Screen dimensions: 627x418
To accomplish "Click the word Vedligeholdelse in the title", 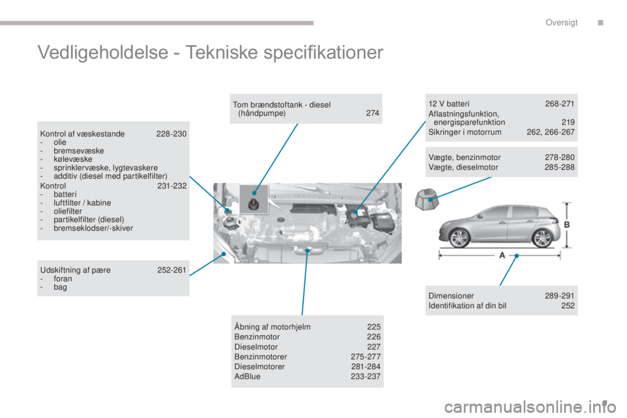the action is pyautogui.click(x=103, y=52).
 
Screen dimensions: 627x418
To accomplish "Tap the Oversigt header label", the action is pyautogui.click(x=562, y=22).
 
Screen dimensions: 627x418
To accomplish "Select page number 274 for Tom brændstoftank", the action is pyautogui.click(x=372, y=113).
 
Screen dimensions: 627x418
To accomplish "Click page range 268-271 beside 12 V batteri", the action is pyautogui.click(x=560, y=104).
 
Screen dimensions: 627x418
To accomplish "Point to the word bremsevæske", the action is pyautogui.click(x=79, y=151).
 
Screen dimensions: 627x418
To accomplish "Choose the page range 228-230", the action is pyautogui.click(x=171, y=134).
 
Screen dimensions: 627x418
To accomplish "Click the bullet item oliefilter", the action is pyautogui.click(x=67, y=211).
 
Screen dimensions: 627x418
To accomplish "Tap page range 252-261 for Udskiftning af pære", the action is pyautogui.click(x=172, y=270).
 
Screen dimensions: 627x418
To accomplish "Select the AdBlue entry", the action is pyautogui.click(x=247, y=376).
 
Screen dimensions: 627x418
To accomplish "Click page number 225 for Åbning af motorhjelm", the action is pyautogui.click(x=374, y=327).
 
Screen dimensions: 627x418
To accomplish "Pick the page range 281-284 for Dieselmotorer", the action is pyautogui.click(x=366, y=366).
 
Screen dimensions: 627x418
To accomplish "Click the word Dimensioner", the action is pyautogui.click(x=451, y=296).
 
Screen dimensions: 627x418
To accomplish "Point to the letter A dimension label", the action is pyautogui.click(x=502, y=255).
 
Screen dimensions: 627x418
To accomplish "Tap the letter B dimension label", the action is pyautogui.click(x=567, y=225).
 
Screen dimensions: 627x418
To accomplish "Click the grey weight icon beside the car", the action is pyautogui.click(x=426, y=199).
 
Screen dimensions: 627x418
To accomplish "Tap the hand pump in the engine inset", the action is pyautogui.click(x=253, y=204).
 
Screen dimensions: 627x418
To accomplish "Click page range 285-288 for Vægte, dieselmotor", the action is pyautogui.click(x=560, y=167).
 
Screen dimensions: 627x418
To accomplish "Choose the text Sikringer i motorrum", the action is pyautogui.click(x=464, y=133).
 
